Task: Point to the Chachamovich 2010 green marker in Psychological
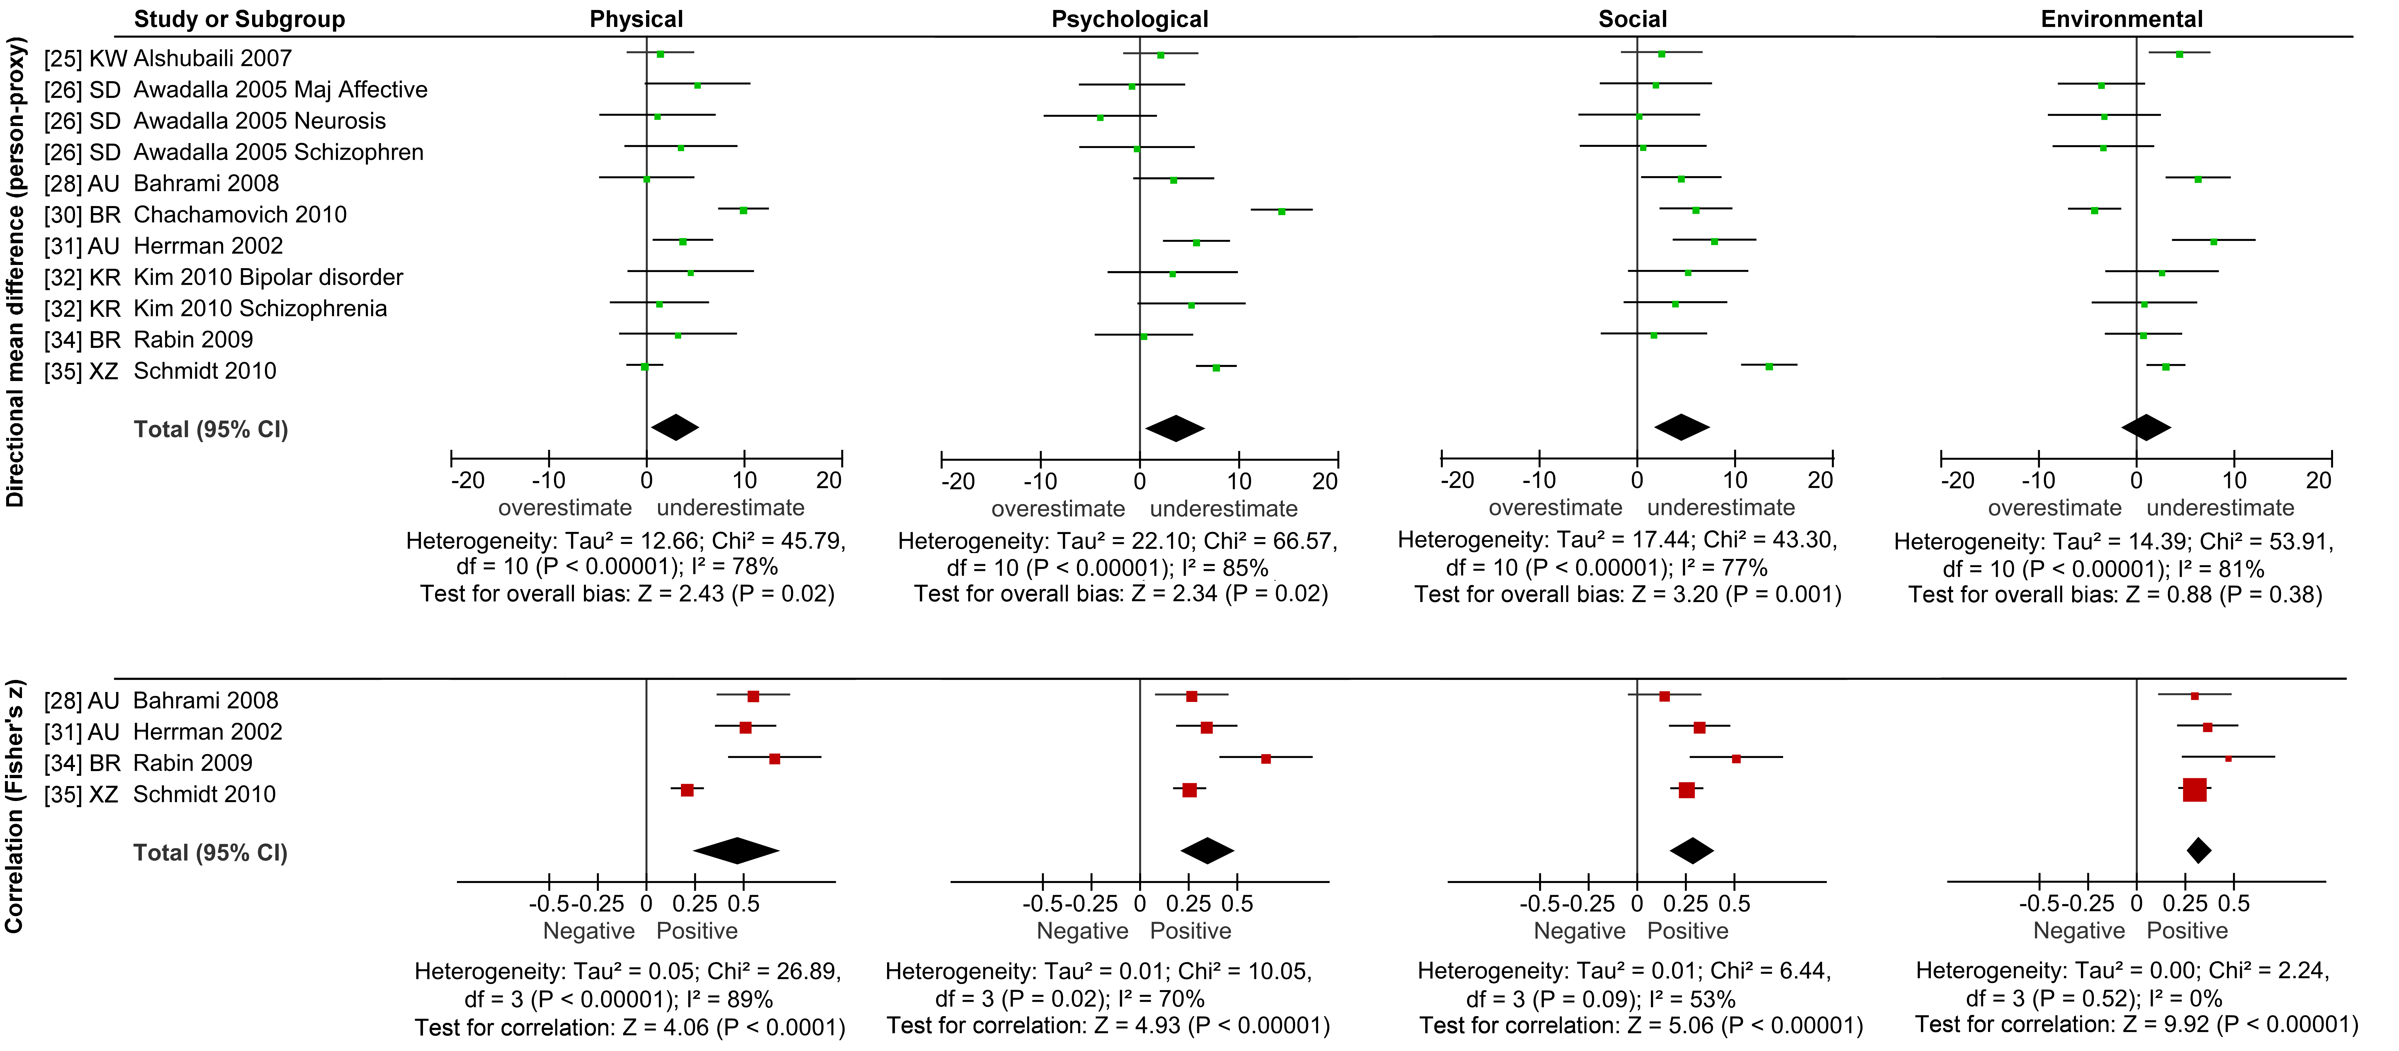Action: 1282,211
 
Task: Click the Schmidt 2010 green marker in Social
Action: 1769,367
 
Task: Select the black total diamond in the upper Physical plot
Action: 675,427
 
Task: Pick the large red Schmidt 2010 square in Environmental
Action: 2195,790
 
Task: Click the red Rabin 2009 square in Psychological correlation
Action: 1266,759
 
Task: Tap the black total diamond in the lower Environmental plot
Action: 2199,850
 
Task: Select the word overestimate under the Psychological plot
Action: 1058,508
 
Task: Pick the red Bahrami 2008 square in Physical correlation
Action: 753,696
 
